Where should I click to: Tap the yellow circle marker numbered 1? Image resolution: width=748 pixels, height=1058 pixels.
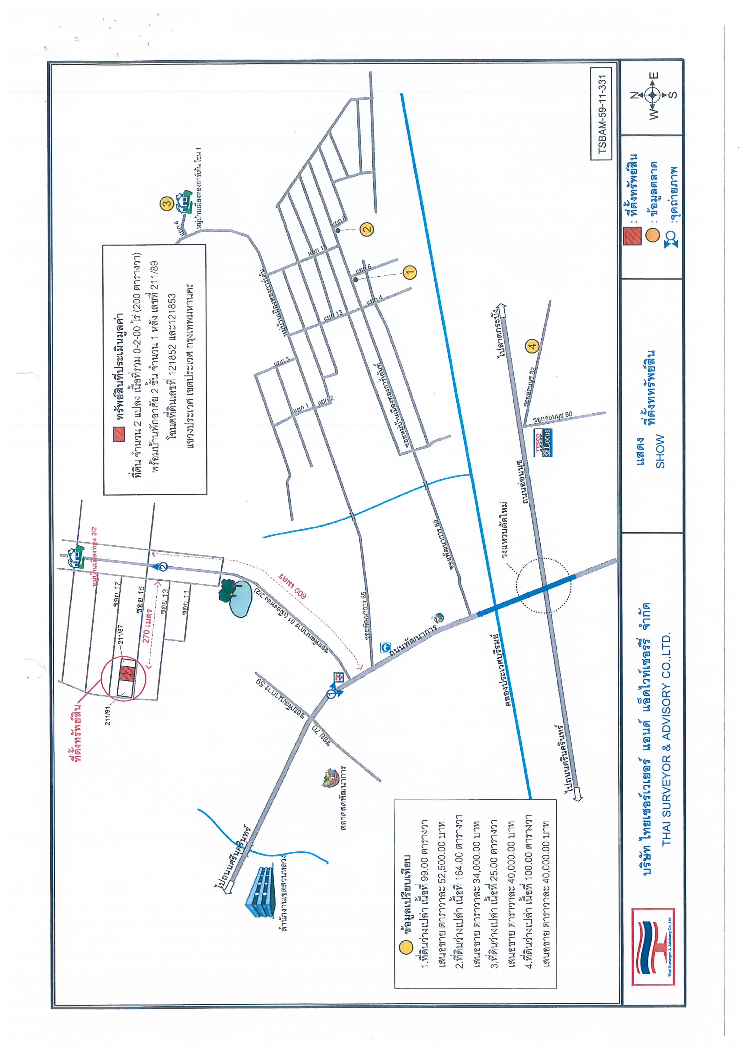409,272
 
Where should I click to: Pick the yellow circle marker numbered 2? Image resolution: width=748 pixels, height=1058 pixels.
367,229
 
